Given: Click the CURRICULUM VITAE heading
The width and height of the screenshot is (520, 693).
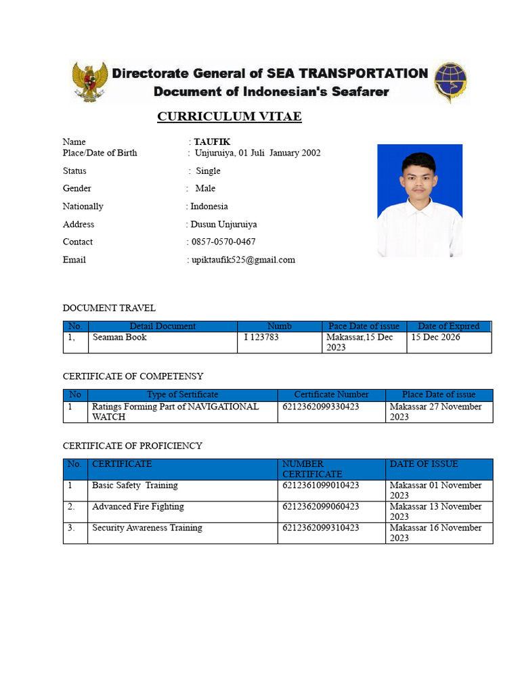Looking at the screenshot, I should pos(230,116).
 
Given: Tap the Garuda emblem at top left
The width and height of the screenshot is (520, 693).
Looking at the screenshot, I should pos(89,82).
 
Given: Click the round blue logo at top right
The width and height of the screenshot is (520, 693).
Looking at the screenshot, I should pos(450,81).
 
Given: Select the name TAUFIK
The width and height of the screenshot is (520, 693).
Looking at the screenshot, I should pos(212,141).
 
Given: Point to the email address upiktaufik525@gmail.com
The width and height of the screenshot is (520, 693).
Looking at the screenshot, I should pos(243,260).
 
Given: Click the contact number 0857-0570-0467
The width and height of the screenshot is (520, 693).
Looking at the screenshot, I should pos(223,242).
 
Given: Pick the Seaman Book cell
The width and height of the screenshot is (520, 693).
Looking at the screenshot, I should pos(120,337).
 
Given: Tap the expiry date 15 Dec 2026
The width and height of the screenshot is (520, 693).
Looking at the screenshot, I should pos(435,337).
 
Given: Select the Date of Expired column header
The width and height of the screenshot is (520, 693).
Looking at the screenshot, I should pos(448,326).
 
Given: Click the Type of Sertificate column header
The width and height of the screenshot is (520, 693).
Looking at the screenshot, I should pos(183,395).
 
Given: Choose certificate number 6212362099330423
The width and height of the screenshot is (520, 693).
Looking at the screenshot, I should pos(320,407).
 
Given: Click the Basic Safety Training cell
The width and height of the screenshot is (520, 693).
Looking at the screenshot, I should pos(135,485).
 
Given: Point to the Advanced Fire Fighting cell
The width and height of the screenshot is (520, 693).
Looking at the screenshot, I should pos(137,506).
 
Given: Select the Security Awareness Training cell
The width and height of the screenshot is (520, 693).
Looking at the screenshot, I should pos(147,528).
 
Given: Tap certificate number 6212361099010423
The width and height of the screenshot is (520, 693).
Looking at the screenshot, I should pos(320,485).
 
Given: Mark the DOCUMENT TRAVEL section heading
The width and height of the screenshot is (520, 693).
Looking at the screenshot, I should pos(109,308).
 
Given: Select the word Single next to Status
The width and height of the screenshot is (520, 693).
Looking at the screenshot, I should pos(208,171).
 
